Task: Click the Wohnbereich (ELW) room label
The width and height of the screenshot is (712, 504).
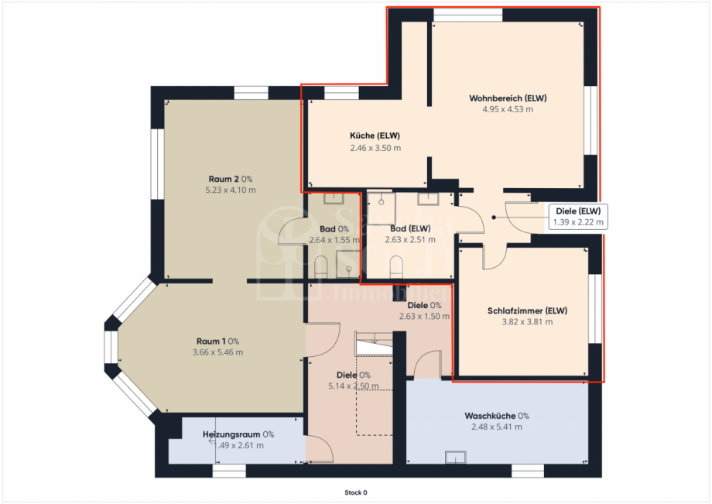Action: [x=507, y=98]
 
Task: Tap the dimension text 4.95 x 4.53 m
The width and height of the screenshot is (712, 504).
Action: [x=507, y=109]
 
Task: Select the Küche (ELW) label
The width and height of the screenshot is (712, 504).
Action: [x=375, y=136]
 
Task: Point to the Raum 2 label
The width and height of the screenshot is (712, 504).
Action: [x=230, y=179]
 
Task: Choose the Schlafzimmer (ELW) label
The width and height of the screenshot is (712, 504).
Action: [x=527, y=311]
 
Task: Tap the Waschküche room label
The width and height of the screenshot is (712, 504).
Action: [x=496, y=416]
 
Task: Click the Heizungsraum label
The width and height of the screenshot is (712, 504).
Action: [x=238, y=434]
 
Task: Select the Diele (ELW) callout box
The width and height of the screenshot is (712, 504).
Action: [x=578, y=216]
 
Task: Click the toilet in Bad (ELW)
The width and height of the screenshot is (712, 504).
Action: [x=397, y=268]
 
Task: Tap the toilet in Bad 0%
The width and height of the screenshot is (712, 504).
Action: [x=322, y=268]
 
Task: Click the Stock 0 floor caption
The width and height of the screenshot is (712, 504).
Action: [x=356, y=492]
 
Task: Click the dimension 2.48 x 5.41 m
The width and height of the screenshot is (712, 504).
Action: [x=496, y=427]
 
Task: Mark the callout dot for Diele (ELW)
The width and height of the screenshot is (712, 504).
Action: [x=492, y=218]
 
